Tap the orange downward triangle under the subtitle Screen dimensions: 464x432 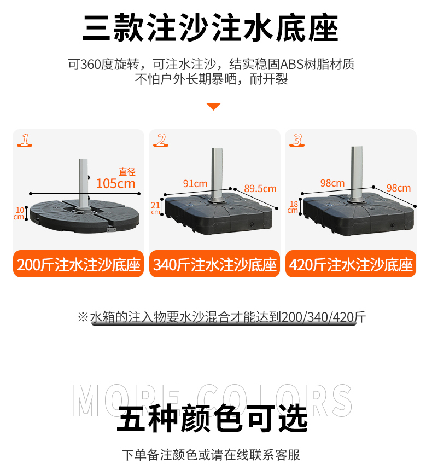213,106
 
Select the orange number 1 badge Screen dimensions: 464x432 25,140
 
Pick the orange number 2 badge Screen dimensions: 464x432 161,140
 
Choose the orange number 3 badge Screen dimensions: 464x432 296,140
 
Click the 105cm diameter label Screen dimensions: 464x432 115,183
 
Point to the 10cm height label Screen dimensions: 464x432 20,213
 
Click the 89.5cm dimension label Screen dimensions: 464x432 260,188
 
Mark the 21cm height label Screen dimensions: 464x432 155,207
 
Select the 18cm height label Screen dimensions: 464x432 293,207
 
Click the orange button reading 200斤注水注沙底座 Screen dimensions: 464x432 79,265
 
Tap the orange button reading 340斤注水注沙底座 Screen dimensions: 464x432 215,265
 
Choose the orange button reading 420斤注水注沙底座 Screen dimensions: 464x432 351,265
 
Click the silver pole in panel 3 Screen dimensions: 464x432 358,170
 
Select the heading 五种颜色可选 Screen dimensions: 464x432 213,419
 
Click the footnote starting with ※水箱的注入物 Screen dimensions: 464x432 221,317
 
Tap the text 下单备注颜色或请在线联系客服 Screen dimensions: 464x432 211,454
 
